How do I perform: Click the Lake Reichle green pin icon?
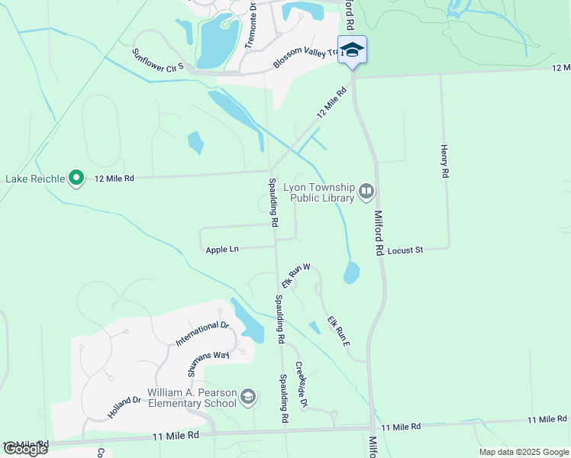tap(76, 179)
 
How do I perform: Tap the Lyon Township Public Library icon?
tap(366, 190)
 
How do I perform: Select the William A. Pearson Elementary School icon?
tap(247, 397)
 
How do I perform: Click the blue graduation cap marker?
tap(352, 50)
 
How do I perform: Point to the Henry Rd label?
tap(444, 161)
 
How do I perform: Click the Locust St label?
tap(405, 250)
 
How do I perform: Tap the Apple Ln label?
tap(222, 250)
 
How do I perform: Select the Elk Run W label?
tap(295, 276)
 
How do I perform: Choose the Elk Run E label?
tap(338, 331)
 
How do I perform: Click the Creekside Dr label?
tap(301, 384)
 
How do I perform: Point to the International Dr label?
tap(202, 333)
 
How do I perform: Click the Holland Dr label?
tap(124, 406)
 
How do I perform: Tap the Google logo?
tap(25, 449)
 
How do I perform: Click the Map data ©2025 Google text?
tap(523, 452)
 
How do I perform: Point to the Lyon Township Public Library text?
tap(319, 192)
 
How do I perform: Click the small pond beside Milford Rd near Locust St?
tap(351, 273)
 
